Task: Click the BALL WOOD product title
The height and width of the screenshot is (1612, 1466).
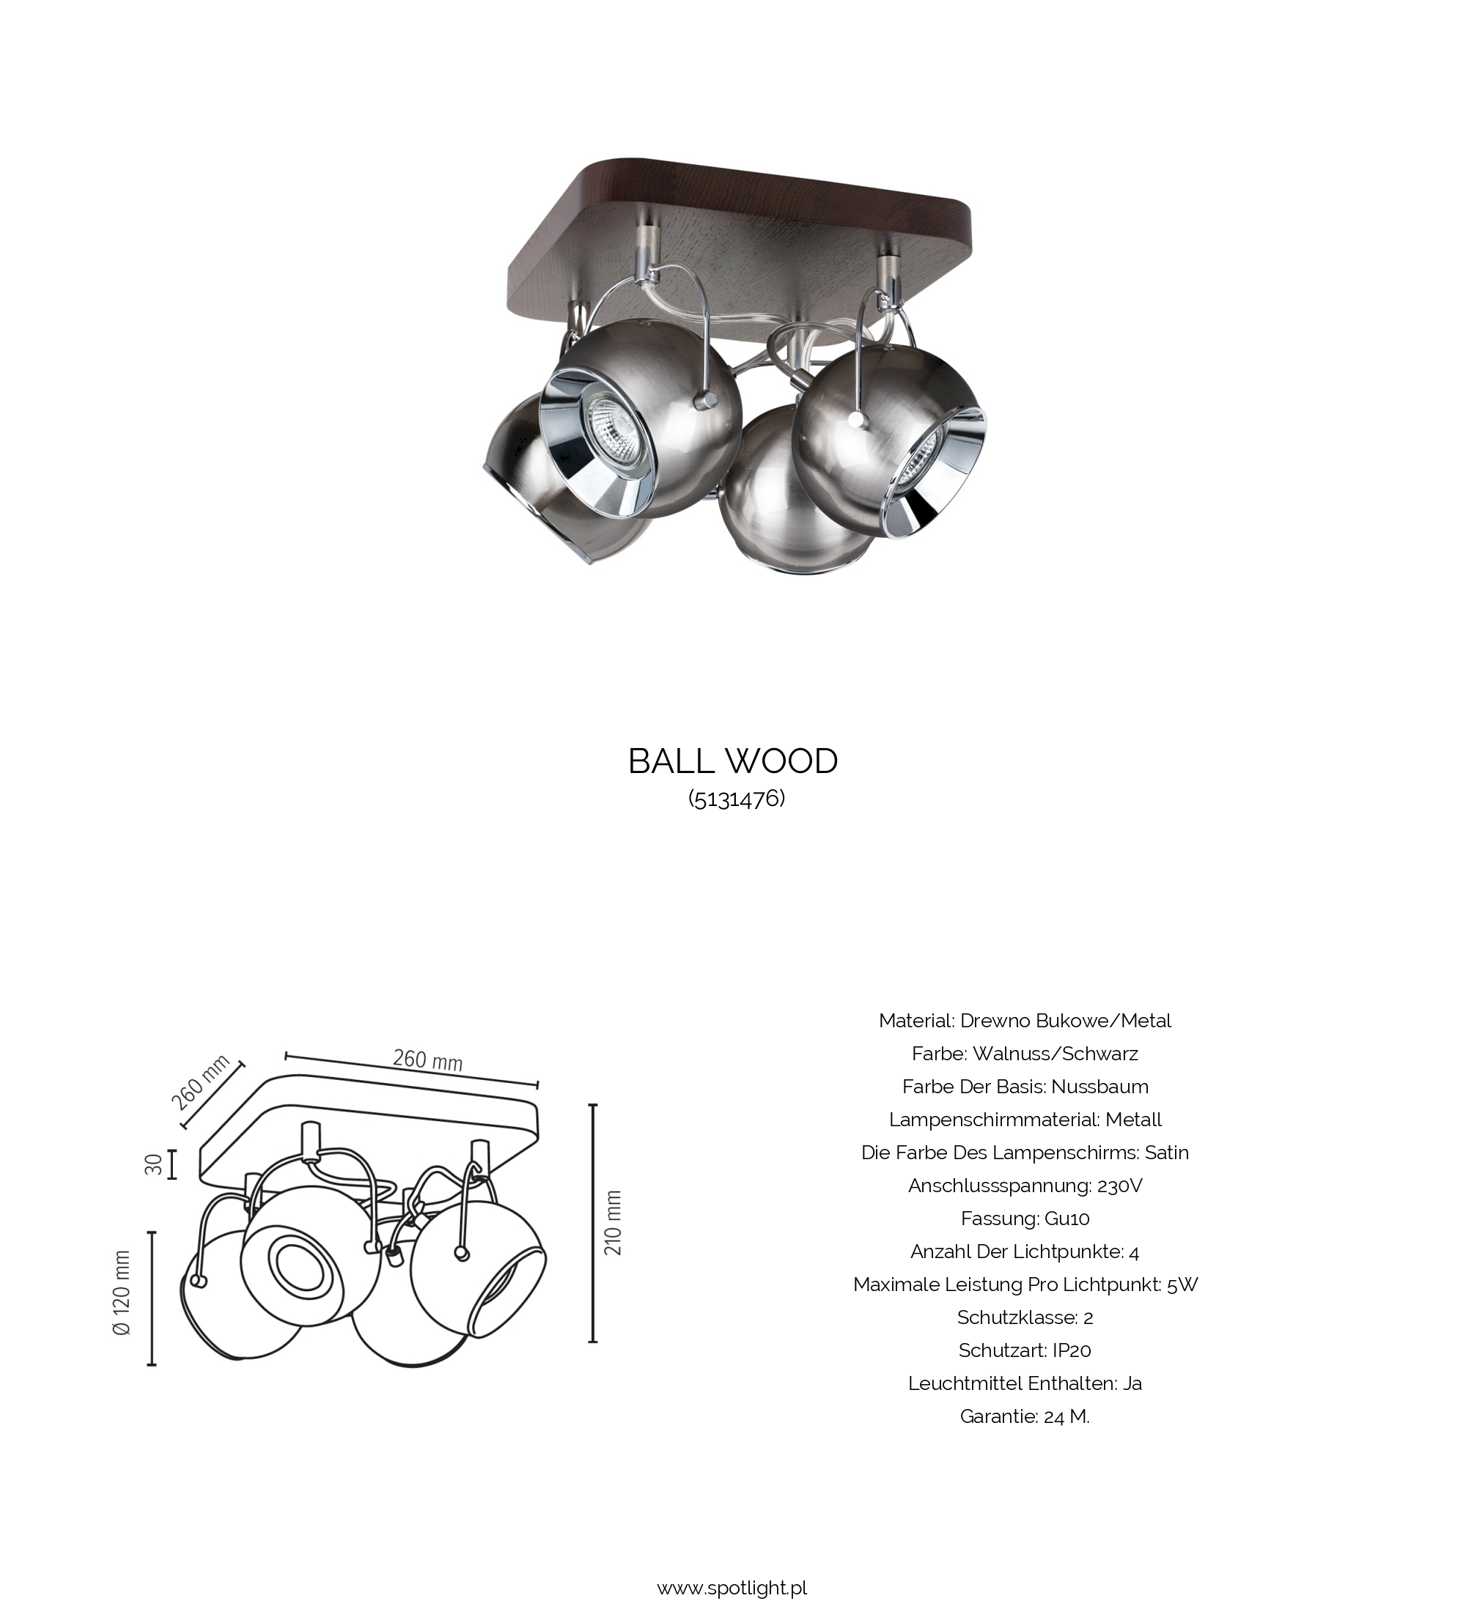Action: coord(732,761)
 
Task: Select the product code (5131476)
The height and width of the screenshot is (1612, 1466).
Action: coord(737,798)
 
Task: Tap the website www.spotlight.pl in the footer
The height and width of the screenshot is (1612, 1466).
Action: coord(732,1587)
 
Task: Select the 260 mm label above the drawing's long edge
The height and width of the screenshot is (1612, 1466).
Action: coord(427,1060)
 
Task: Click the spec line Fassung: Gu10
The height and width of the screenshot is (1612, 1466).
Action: coord(1025,1219)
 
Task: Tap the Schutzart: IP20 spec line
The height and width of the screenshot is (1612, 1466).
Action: coord(1025,1350)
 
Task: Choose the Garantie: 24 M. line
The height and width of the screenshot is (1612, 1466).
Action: coord(1025,1417)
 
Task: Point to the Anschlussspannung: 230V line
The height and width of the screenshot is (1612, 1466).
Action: coord(1025,1186)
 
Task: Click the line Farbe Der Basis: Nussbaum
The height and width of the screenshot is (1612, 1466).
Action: coord(1025,1087)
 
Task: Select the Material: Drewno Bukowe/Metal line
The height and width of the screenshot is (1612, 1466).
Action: coord(1025,1021)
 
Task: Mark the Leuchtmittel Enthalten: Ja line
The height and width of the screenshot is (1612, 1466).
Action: coord(1025,1383)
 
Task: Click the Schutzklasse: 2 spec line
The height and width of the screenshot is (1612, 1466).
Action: coord(1025,1317)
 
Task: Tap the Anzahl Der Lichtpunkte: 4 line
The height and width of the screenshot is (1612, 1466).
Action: coord(1025,1251)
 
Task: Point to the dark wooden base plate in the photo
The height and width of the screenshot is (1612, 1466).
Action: coord(740,232)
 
